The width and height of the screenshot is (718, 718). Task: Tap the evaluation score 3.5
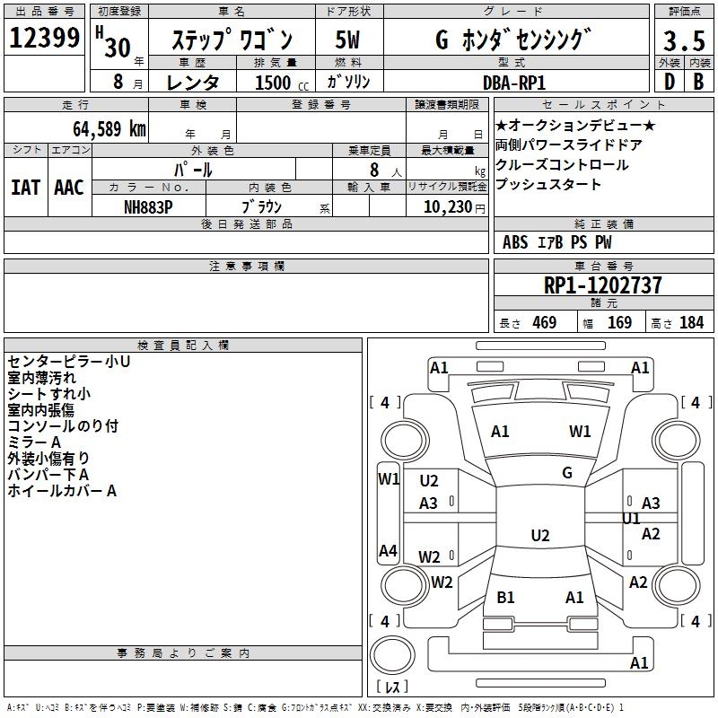click(683, 41)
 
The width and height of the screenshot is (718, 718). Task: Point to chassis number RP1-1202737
click(603, 285)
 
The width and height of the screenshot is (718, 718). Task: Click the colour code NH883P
click(149, 206)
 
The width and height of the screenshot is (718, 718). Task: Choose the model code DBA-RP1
click(514, 82)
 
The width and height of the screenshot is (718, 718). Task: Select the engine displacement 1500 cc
click(275, 83)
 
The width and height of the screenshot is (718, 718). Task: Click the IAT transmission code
click(26, 188)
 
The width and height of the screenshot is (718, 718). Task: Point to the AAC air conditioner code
click(69, 188)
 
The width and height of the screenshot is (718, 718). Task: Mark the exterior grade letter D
click(668, 82)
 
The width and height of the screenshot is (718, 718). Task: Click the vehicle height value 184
click(691, 322)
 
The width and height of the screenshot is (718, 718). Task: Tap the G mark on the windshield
click(567, 473)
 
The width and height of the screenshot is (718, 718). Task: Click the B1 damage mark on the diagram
click(505, 597)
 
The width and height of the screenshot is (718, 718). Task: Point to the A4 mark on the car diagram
click(388, 551)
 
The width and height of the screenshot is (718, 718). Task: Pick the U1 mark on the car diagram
click(631, 519)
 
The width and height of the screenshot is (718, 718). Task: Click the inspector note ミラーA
click(34, 442)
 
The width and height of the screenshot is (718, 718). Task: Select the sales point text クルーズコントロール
click(562, 165)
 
